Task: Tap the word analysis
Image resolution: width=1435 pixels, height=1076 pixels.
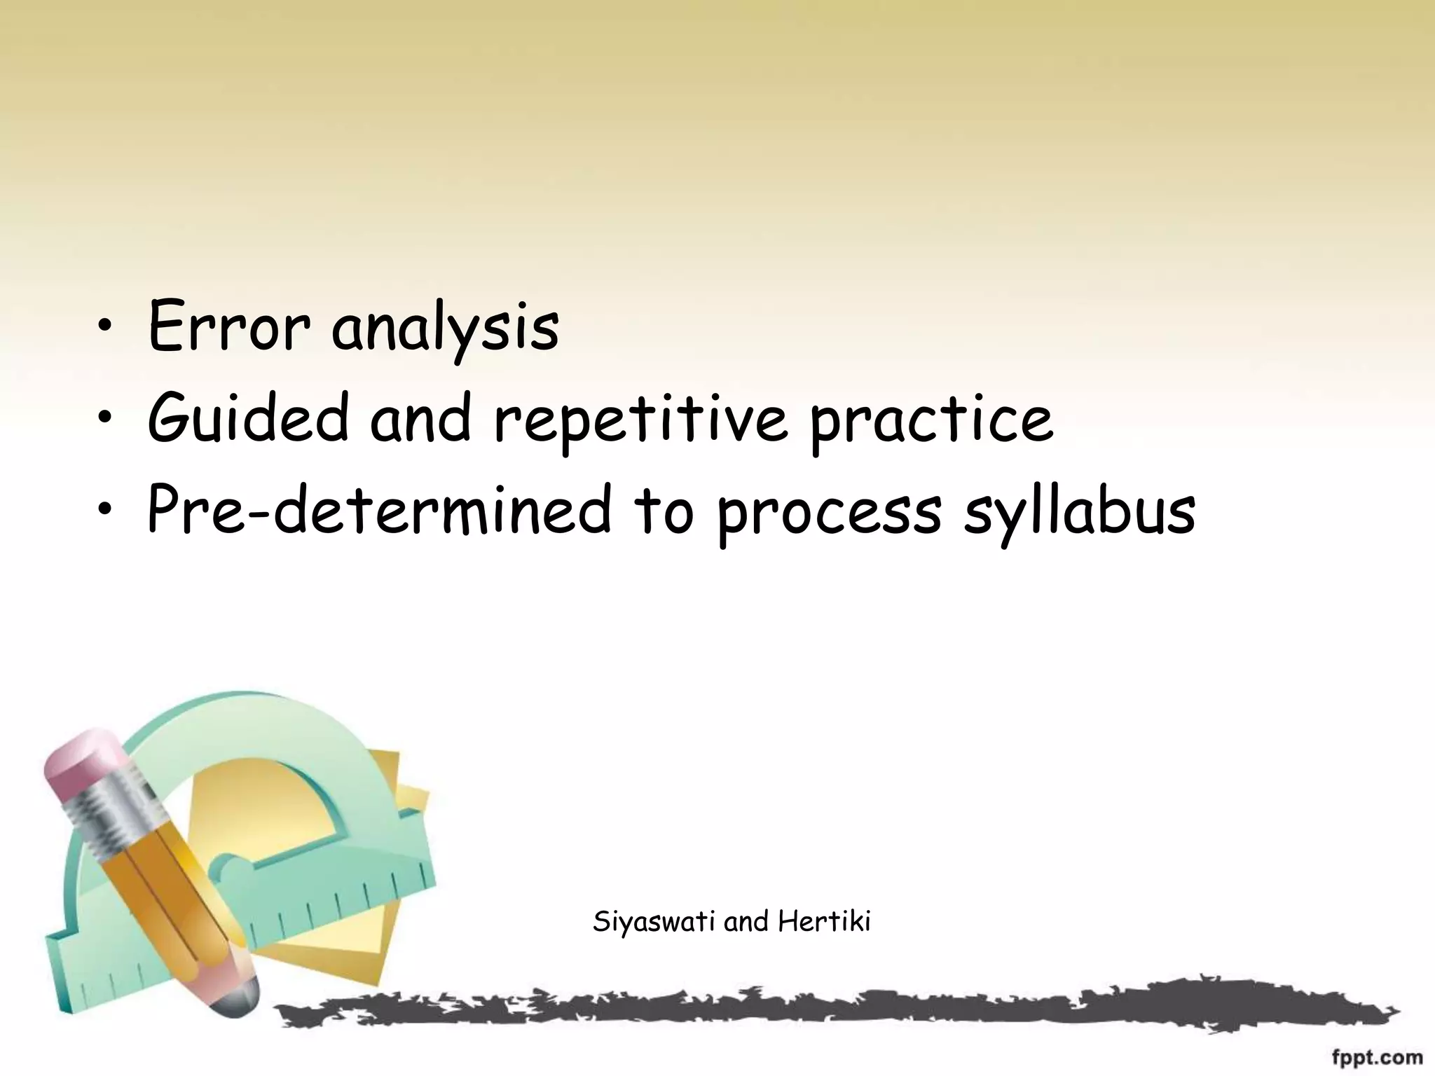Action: pos(445,329)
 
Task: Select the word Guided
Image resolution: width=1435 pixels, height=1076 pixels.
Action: pos(247,418)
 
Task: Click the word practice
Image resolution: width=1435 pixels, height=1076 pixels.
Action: pos(931,420)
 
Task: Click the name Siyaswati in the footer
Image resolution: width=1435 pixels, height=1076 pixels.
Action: pos(654,922)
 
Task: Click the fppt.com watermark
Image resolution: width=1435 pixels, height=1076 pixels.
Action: pos(1377,1056)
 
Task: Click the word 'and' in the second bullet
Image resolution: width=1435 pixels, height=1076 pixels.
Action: pos(420,418)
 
